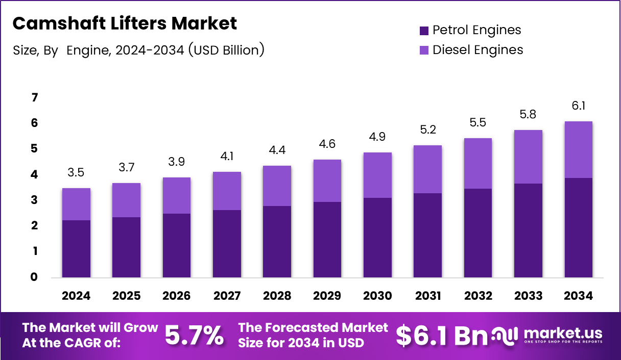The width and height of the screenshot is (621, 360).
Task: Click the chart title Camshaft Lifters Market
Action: tap(125, 23)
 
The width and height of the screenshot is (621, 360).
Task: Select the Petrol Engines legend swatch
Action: tap(424, 31)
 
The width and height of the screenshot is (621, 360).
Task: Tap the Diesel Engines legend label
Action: tap(477, 50)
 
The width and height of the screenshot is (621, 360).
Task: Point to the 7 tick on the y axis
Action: tap(35, 97)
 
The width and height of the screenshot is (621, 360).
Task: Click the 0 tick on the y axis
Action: tap(35, 277)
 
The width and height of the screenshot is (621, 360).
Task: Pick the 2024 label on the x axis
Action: tap(76, 296)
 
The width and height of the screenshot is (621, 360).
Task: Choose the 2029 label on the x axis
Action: tap(327, 296)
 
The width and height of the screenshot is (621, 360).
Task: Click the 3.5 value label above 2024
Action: tap(76, 173)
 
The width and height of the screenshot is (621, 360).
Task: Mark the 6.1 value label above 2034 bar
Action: tap(579, 106)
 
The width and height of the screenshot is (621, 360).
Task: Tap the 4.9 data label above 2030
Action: tap(377, 137)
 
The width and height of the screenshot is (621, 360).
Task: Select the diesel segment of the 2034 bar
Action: tap(579, 149)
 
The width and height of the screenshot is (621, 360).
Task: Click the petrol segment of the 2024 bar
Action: tap(76, 249)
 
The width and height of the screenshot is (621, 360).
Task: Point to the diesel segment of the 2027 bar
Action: tap(227, 191)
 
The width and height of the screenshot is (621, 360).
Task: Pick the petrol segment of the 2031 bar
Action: tap(428, 236)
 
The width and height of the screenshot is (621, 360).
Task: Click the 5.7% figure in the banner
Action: tap(194, 335)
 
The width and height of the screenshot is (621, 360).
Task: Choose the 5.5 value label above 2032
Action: tap(478, 123)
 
